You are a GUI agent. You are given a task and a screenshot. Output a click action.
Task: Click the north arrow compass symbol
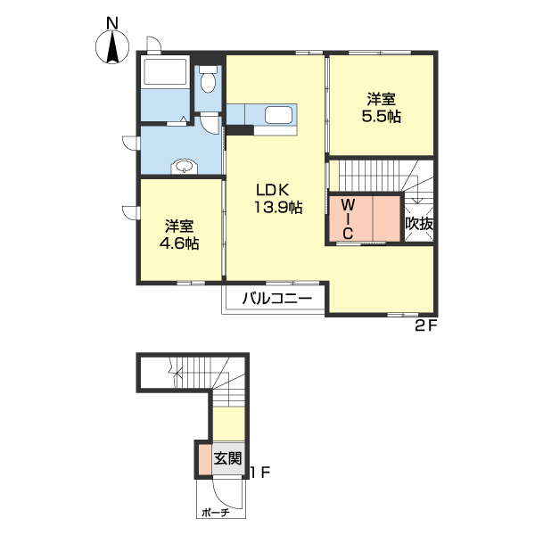(x=112, y=47)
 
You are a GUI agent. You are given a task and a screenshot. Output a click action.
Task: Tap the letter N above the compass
(x=112, y=23)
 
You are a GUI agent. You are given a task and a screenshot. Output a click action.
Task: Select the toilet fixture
(x=208, y=78)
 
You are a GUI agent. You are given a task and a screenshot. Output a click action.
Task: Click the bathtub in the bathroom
(x=165, y=72)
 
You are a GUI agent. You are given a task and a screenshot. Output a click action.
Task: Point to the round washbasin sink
(x=185, y=167)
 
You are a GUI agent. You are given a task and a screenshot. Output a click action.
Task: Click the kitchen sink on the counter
(x=279, y=115)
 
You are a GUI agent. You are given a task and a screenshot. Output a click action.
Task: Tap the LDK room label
(x=273, y=190)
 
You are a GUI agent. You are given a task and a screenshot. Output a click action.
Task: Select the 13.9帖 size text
(x=278, y=207)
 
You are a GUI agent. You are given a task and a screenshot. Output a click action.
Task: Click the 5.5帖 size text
(x=381, y=116)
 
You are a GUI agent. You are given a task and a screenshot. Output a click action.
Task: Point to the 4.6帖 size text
(x=179, y=243)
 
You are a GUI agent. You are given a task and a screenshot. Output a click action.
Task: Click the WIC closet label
(x=348, y=219)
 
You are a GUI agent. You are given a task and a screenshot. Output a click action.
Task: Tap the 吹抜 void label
(x=419, y=224)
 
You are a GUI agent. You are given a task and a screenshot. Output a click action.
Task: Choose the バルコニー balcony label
(x=277, y=300)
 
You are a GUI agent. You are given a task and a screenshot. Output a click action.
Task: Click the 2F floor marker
(x=426, y=326)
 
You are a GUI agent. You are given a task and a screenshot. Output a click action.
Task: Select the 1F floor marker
(x=260, y=473)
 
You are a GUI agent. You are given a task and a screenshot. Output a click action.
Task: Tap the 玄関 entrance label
(x=227, y=458)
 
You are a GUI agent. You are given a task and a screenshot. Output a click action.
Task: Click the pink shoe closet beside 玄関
(x=205, y=459)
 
